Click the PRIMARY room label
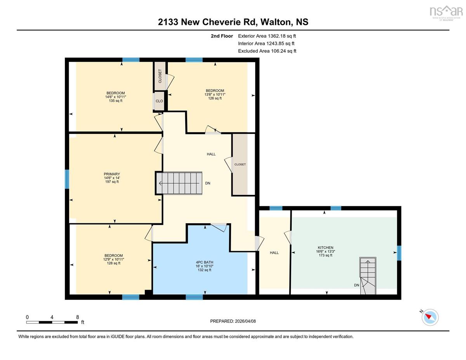pos(112,174)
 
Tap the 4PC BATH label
pos(204,262)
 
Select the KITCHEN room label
pos(325,247)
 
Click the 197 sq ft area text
pos(112,182)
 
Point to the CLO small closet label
pos(159,101)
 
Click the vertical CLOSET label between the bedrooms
pos(160,76)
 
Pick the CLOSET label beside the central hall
pos(240,164)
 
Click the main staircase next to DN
pos(179,183)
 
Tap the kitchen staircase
pos(368,276)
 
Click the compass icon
pos(430,317)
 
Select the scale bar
pos(52,322)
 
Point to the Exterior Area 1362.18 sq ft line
pos(267,36)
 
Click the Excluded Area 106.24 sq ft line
pos(267,51)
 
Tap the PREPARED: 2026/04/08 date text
pos(233,321)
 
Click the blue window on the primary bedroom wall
pos(67,179)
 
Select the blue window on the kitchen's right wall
pos(399,253)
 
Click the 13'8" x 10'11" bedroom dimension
pos(215,94)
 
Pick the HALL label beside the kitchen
pos(274,252)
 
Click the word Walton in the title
pos(275,22)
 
